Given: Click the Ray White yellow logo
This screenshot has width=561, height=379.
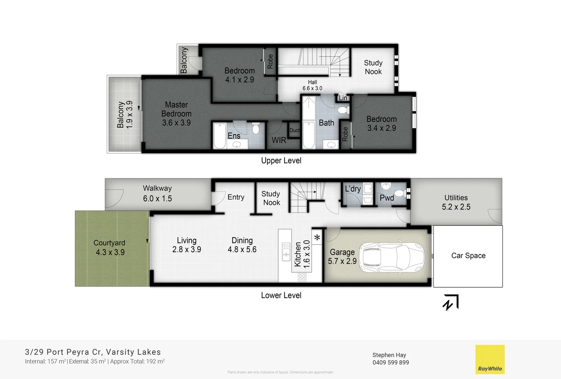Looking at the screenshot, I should pyautogui.click(x=490, y=359).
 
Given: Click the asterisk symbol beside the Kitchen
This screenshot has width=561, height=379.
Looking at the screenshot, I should pyautogui.click(x=317, y=238).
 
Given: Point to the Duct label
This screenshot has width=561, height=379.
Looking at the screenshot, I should pyautogui.click(x=294, y=130).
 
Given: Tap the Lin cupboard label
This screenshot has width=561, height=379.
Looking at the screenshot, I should pyautogui.click(x=343, y=98).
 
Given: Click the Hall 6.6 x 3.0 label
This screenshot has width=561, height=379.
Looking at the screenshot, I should pyautogui.click(x=312, y=85).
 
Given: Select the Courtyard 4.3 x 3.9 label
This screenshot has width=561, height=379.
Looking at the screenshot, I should pyautogui.click(x=110, y=247).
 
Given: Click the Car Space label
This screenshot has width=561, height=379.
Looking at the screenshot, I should pyautogui.click(x=468, y=255).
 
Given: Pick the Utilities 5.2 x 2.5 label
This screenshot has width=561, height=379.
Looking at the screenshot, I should pyautogui.click(x=456, y=202).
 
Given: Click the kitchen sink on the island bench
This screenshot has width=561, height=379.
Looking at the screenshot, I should pyautogui.click(x=286, y=252).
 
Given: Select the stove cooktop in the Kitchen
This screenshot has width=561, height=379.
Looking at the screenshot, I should pyautogui.click(x=302, y=278).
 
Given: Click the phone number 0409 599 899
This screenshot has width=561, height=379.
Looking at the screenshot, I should pyautogui.click(x=390, y=363).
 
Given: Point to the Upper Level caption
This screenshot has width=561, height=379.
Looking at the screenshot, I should pyautogui.click(x=281, y=160).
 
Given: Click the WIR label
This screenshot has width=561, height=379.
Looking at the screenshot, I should pyautogui.click(x=279, y=140).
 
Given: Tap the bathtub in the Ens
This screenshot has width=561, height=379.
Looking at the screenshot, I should pyautogui.click(x=220, y=136).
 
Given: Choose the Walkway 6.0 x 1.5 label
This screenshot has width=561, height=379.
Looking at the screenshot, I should pyautogui.click(x=157, y=193).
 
